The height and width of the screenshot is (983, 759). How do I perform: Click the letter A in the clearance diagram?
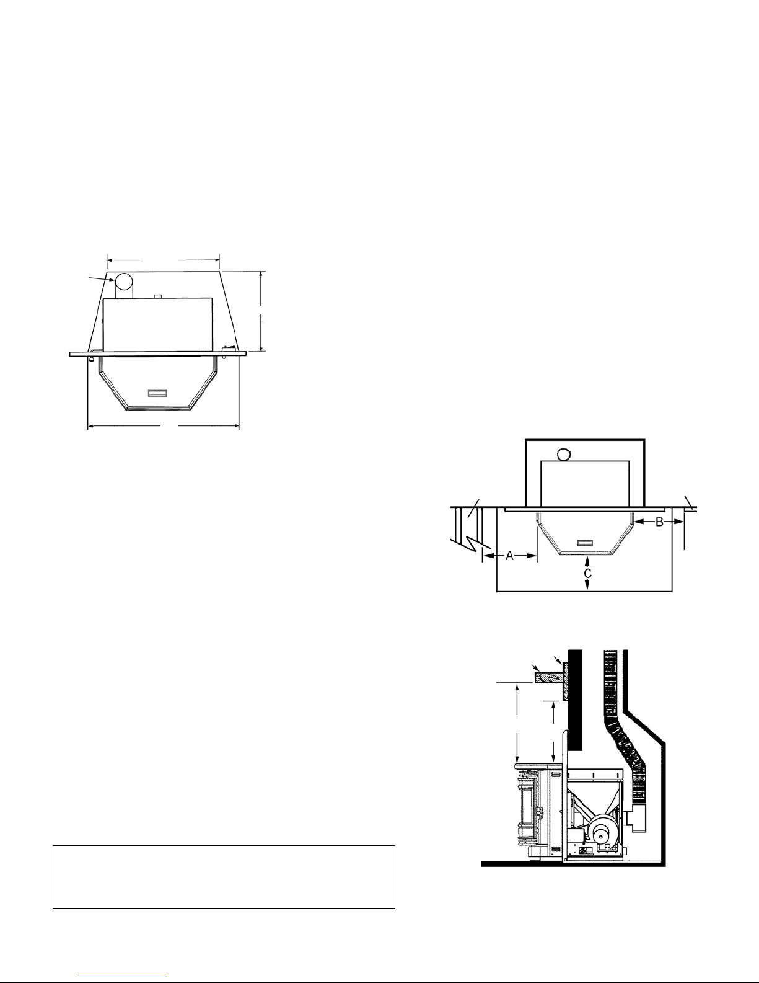509,556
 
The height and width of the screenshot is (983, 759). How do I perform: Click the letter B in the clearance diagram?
659,522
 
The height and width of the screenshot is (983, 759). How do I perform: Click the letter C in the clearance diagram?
587,574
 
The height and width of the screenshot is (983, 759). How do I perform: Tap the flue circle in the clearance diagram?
563,454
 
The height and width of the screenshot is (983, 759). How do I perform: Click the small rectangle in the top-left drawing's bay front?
157,393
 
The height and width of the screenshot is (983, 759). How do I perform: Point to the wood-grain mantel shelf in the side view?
548,690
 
